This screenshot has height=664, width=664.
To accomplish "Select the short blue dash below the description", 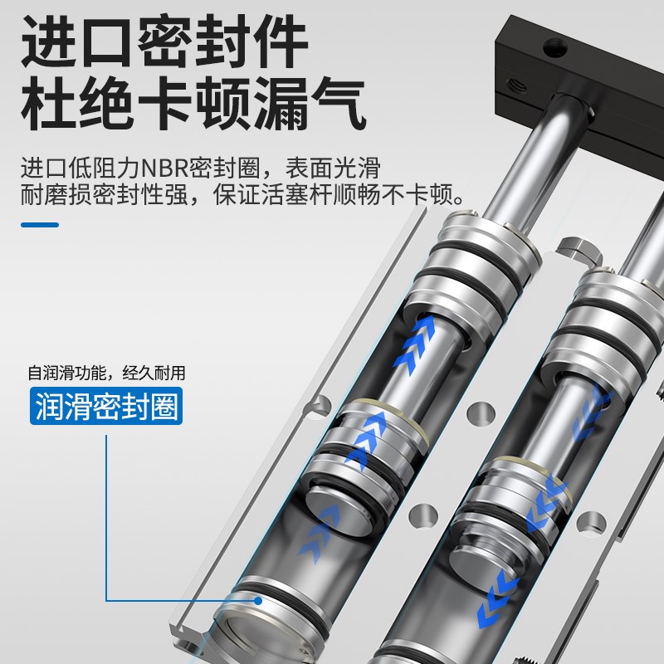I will click(39, 224).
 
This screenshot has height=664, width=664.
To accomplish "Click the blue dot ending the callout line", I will click(259, 600).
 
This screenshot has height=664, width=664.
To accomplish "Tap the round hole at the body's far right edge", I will click(592, 522).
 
